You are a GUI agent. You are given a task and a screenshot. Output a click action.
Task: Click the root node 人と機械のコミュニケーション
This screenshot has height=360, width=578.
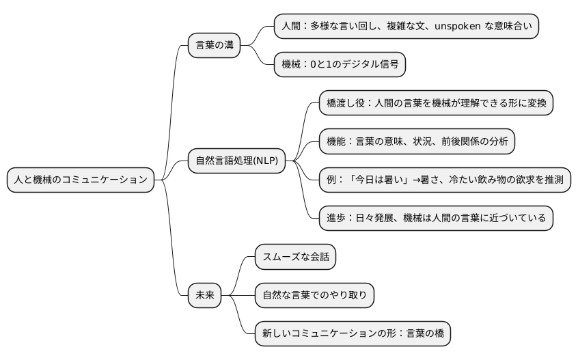click(81, 180)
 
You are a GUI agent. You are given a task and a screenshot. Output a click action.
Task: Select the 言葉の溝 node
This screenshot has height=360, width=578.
click(214, 45)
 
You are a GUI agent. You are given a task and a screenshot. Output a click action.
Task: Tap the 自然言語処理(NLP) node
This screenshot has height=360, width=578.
click(236, 161)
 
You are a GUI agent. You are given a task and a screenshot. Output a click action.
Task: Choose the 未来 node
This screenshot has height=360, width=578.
click(205, 295)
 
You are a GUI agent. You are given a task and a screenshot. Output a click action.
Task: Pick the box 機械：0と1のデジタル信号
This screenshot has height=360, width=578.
click(340, 65)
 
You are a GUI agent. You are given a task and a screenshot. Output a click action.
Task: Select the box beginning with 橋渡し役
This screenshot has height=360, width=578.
click(436, 102)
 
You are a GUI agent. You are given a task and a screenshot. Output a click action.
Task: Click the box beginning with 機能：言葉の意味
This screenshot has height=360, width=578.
click(417, 141)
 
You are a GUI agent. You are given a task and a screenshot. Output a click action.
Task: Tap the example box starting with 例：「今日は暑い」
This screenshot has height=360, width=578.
click(445, 180)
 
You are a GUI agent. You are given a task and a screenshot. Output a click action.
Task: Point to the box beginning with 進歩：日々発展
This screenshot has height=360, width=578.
click(436, 218)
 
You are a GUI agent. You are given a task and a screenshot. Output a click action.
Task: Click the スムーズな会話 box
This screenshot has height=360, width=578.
click(295, 257)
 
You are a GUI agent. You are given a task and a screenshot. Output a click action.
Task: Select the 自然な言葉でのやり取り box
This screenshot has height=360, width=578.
click(314, 295)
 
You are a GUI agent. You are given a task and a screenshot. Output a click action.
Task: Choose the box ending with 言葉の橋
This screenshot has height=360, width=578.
click(352, 334)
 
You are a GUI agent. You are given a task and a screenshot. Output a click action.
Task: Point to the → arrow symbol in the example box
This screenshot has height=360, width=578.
click(413, 180)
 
